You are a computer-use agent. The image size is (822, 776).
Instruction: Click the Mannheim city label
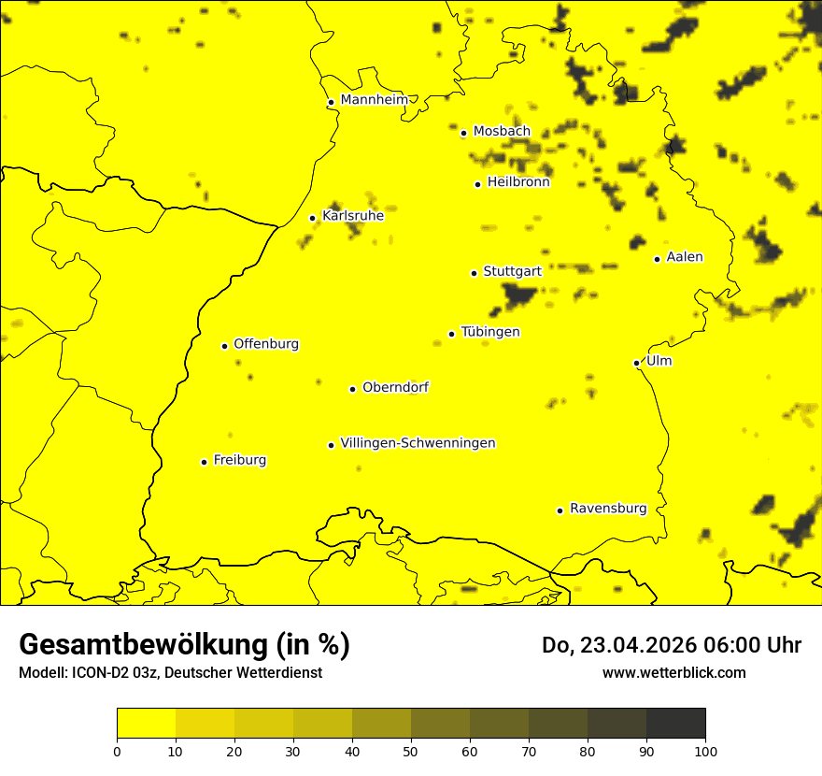point(374,100)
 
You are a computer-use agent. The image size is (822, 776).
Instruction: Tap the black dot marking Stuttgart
point(474,273)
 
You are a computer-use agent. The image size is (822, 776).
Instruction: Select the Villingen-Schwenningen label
point(418,443)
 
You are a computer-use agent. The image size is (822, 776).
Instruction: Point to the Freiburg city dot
point(204,462)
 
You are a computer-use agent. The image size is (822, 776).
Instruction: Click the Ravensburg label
point(607,509)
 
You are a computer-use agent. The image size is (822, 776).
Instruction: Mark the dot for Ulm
point(636,363)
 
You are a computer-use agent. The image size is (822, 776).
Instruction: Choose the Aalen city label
point(684,257)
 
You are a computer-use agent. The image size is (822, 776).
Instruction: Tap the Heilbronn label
point(517,182)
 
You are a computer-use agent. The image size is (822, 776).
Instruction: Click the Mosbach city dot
point(463,133)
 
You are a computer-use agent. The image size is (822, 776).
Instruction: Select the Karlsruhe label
point(352,216)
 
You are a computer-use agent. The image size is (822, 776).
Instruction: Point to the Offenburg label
point(265,344)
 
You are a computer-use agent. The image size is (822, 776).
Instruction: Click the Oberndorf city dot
point(352,389)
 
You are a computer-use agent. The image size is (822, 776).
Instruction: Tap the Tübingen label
point(489,332)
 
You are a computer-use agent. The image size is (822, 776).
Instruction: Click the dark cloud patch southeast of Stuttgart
point(517,296)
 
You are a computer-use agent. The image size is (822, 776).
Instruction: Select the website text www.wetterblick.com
point(673,672)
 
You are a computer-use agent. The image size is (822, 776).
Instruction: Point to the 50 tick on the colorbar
point(411,750)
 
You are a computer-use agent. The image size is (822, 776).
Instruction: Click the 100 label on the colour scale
point(705,750)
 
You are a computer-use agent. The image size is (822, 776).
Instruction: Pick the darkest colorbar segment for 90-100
point(675,723)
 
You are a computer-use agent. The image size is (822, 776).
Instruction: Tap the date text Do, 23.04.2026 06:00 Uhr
point(671,645)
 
